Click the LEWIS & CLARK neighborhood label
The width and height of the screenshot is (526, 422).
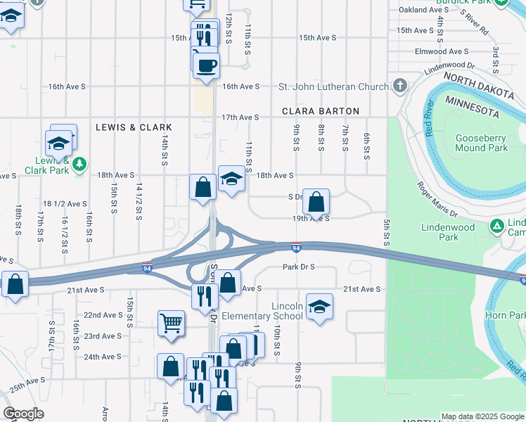click(x=134, y=127)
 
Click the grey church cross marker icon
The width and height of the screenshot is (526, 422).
click(x=399, y=87)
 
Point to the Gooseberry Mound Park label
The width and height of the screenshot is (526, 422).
click(x=481, y=143)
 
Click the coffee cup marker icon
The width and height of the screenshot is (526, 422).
click(x=206, y=65)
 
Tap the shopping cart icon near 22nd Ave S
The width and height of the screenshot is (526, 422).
click(x=170, y=323)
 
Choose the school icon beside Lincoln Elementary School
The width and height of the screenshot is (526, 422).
click(x=319, y=306)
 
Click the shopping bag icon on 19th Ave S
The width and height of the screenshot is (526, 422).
click(x=317, y=202)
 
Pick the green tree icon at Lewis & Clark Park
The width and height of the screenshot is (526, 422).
click(x=81, y=163)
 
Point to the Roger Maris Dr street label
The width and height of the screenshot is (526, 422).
click(x=437, y=199)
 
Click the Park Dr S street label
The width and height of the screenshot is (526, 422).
click(x=298, y=267)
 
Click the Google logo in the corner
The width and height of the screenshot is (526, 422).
click(x=24, y=414)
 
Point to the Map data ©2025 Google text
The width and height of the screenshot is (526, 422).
click(x=482, y=417)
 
